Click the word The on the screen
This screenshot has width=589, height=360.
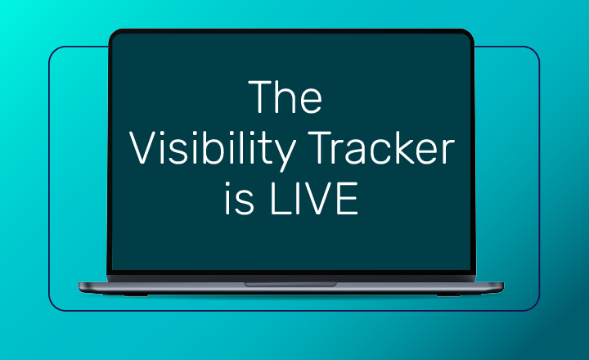pos(286,98)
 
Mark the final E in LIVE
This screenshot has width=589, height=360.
pos(348,201)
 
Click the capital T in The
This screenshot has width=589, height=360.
pos(261,98)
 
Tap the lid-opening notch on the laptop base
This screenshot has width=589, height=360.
pos(290,285)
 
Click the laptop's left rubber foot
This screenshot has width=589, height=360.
pos(132,294)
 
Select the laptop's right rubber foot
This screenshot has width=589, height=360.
pos(450,294)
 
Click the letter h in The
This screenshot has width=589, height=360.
pos(286,98)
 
